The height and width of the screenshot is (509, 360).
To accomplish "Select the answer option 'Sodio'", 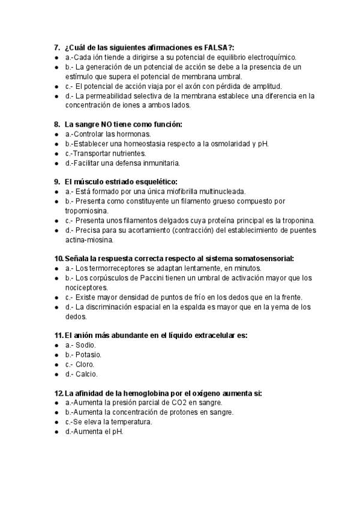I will (x=84, y=345).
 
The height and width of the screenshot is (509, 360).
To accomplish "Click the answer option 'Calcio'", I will (x=85, y=374).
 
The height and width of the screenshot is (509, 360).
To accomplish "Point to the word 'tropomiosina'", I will (x=86, y=211).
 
